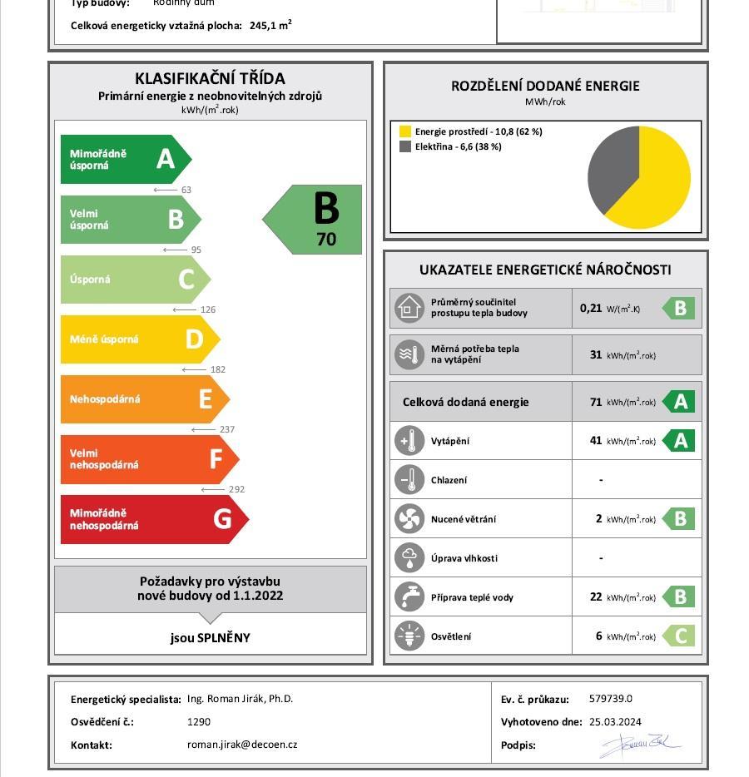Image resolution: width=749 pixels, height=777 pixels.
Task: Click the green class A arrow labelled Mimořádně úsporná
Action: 125,159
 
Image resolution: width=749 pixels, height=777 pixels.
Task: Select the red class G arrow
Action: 154,519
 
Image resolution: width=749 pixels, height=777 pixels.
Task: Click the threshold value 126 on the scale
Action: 208,309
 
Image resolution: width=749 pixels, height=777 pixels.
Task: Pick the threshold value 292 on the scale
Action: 236,489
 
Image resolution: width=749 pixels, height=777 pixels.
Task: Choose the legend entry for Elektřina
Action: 449,146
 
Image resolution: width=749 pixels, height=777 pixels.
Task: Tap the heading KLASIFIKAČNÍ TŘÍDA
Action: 210,78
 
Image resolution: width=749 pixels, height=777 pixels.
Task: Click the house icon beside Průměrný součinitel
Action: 409,308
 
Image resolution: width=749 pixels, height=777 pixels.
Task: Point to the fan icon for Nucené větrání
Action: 409,519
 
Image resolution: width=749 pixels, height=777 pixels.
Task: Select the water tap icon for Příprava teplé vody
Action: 409,597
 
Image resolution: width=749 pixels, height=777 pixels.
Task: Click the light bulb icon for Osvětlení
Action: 409,636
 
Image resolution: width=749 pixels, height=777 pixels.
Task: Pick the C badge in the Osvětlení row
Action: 680,636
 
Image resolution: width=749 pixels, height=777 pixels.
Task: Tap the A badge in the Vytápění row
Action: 680,441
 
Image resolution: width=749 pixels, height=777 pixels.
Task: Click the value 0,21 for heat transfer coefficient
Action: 591,308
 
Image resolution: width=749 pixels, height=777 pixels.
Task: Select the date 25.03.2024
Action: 615,722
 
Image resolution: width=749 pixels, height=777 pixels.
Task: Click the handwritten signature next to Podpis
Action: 639,745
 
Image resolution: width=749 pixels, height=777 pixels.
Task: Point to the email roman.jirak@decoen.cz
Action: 242,745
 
